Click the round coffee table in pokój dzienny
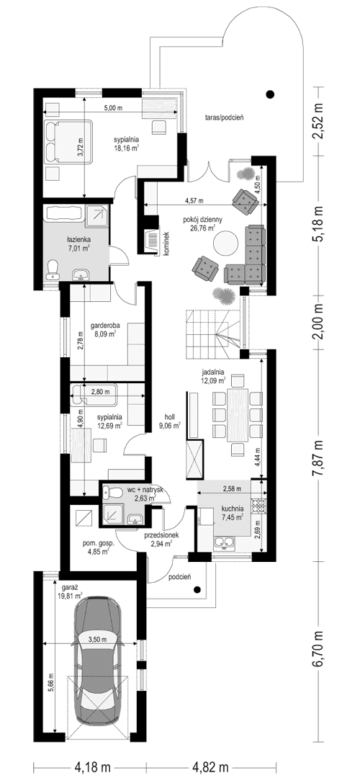[227, 242]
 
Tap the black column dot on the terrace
[270, 93]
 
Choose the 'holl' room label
[170, 416]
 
